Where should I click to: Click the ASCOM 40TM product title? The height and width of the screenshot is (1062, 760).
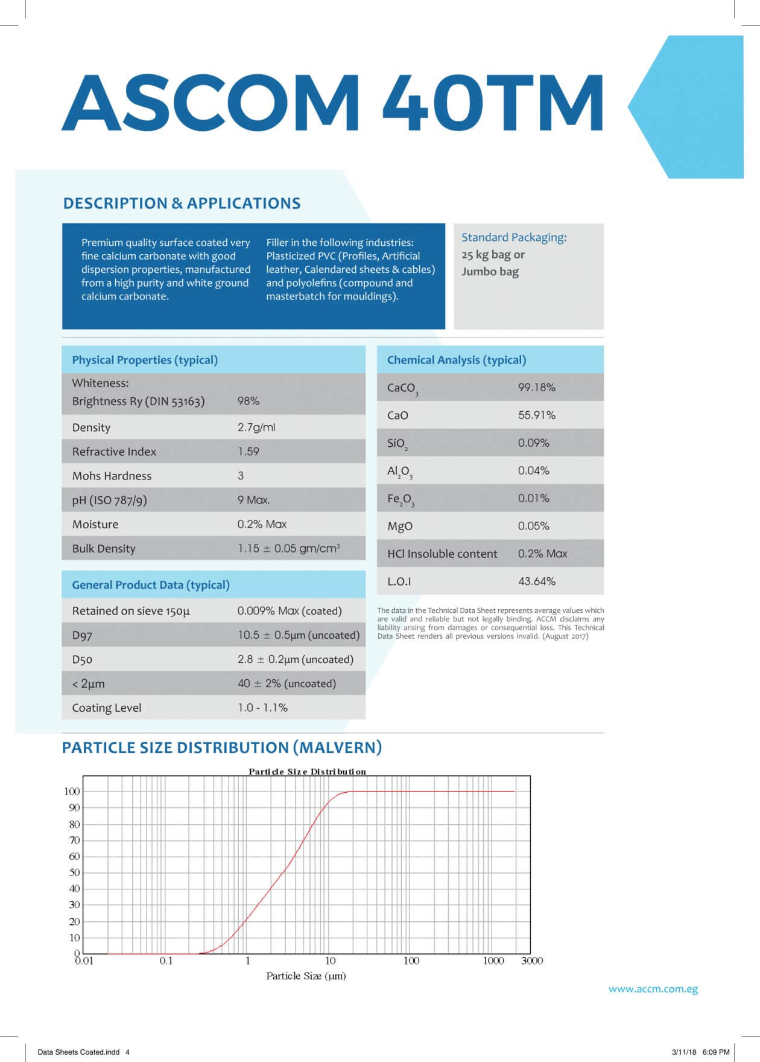[x=332, y=103]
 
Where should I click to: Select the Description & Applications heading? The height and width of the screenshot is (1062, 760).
[x=182, y=203]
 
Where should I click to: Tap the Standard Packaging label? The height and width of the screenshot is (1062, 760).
[x=514, y=237]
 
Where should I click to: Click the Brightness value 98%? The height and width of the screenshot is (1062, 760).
[x=248, y=401]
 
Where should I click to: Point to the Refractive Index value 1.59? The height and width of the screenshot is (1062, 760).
[x=248, y=452]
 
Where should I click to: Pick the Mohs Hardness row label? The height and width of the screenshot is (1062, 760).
[x=112, y=476]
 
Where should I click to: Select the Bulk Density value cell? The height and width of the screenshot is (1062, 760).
[x=288, y=548]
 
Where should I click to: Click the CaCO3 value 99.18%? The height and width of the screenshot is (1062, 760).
[x=536, y=388]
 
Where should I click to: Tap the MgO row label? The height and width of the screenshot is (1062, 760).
[x=400, y=526]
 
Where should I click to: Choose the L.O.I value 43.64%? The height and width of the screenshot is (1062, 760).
[x=536, y=581]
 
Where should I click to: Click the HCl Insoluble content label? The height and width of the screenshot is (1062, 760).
[x=442, y=554]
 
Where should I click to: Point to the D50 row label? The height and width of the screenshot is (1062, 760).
[x=82, y=659]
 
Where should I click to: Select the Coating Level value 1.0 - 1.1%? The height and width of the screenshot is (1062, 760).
[x=262, y=708]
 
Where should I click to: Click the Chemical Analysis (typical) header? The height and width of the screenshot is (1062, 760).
[x=457, y=360]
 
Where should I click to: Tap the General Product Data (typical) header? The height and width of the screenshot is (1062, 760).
[x=151, y=585]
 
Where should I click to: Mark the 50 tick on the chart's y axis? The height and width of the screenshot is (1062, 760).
[x=74, y=872]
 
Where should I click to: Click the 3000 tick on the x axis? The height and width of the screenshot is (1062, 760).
[x=531, y=961]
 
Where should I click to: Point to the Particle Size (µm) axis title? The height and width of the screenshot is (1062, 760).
[x=306, y=976]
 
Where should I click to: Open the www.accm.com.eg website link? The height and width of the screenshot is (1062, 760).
[x=653, y=989]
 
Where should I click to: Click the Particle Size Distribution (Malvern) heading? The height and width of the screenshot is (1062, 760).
[x=222, y=747]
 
